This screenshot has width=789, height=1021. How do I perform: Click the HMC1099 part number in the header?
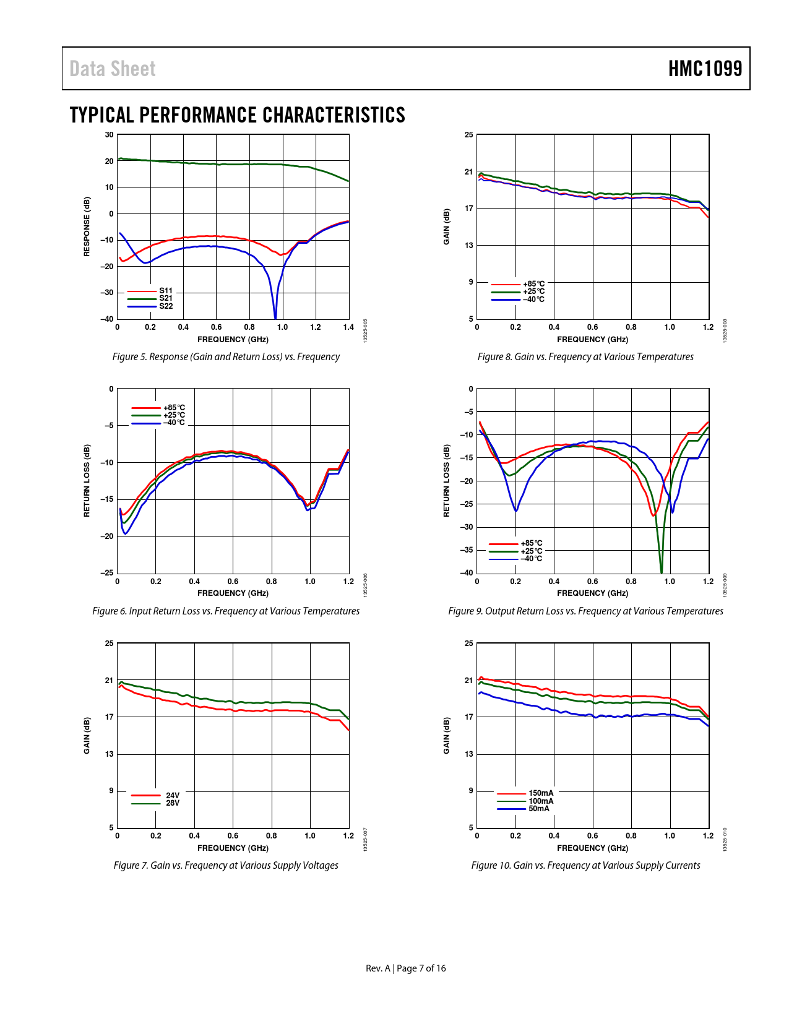(x=705, y=69)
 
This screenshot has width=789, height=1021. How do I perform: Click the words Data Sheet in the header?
(x=113, y=69)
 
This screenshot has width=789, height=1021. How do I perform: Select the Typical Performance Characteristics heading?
(x=237, y=115)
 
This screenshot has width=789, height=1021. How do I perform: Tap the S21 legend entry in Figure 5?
(x=166, y=298)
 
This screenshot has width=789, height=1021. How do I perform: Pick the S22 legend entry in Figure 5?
(x=166, y=306)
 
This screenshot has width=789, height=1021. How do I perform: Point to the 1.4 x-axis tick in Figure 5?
(x=348, y=327)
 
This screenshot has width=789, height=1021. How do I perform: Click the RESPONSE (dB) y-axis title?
(x=87, y=226)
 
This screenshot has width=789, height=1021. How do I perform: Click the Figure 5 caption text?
(x=226, y=357)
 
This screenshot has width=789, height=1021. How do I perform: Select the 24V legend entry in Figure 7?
(x=172, y=795)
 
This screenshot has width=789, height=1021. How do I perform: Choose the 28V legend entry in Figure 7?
(x=172, y=803)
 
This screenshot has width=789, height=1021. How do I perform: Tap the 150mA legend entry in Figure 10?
(x=541, y=793)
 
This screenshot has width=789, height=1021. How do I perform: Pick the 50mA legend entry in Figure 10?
(x=538, y=809)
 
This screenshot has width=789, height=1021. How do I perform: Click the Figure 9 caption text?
(x=585, y=611)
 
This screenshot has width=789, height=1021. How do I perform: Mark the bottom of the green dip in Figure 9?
(x=662, y=571)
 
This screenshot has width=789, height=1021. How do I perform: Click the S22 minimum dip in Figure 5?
(x=275, y=317)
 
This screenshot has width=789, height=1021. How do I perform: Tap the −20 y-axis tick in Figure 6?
(x=107, y=536)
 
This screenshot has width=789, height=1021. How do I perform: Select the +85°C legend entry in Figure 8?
(x=533, y=284)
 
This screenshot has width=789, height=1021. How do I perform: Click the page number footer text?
(x=405, y=968)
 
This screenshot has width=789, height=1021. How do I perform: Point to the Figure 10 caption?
(x=585, y=866)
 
